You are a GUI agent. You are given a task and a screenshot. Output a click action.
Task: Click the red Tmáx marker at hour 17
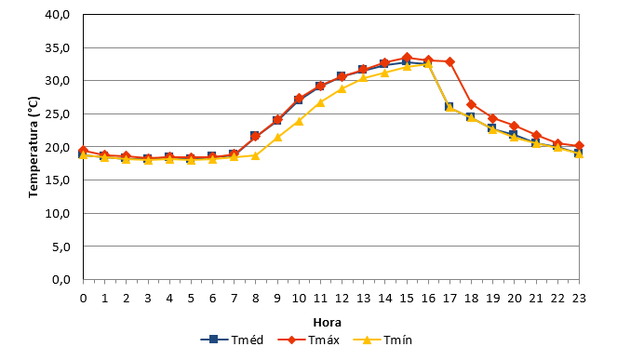pos(449,61)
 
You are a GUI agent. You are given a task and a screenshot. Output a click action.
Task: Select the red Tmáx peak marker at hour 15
pos(407,58)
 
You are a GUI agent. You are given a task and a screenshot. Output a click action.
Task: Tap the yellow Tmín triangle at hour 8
pos(255,155)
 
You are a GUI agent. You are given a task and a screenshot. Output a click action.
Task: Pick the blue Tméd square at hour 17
pos(449,107)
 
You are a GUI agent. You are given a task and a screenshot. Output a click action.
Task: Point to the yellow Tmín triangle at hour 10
pos(299,121)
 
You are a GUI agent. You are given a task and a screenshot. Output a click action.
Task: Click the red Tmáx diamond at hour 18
pos(471,105)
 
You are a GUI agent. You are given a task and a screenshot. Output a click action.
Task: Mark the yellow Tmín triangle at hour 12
pos(342,89)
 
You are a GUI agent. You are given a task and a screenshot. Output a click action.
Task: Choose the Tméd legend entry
pos(232,340)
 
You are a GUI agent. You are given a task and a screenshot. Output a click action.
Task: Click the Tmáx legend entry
pos(309,340)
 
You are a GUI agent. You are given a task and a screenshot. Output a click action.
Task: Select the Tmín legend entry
pos(382,340)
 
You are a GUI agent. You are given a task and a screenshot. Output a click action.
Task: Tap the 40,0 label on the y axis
pos(58,15)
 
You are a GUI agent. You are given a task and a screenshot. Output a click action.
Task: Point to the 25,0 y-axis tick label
pos(58,114)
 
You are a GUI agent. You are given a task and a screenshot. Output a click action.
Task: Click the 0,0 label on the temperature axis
pos(61,280)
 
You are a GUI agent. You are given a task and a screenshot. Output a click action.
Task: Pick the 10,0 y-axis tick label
pos(58,214)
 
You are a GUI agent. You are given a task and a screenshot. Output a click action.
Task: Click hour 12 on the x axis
pos(342,299)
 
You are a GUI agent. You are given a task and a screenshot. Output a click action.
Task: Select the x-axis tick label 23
pos(579,299)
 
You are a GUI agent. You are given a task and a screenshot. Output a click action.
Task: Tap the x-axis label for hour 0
pos(83,299)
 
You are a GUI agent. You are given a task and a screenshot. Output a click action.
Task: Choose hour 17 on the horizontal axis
pos(449,299)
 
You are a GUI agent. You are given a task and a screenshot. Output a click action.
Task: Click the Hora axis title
pos(327,323)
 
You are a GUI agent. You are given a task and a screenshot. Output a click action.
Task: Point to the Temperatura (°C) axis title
pos(34,147)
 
